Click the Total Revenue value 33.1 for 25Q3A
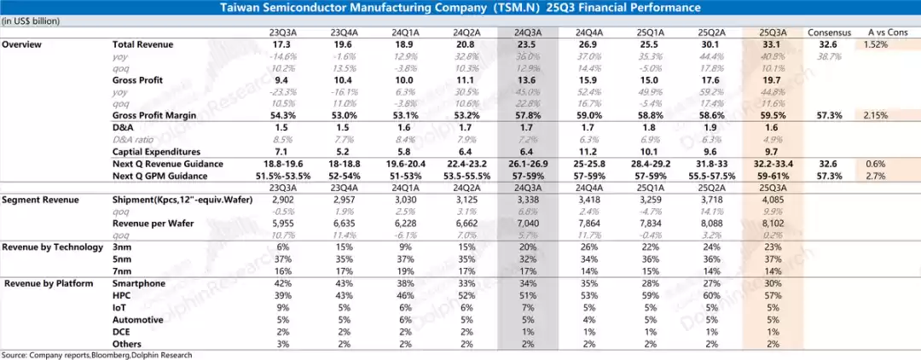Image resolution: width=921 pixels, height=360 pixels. point(769,43)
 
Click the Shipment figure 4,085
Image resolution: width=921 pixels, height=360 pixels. point(769,199)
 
